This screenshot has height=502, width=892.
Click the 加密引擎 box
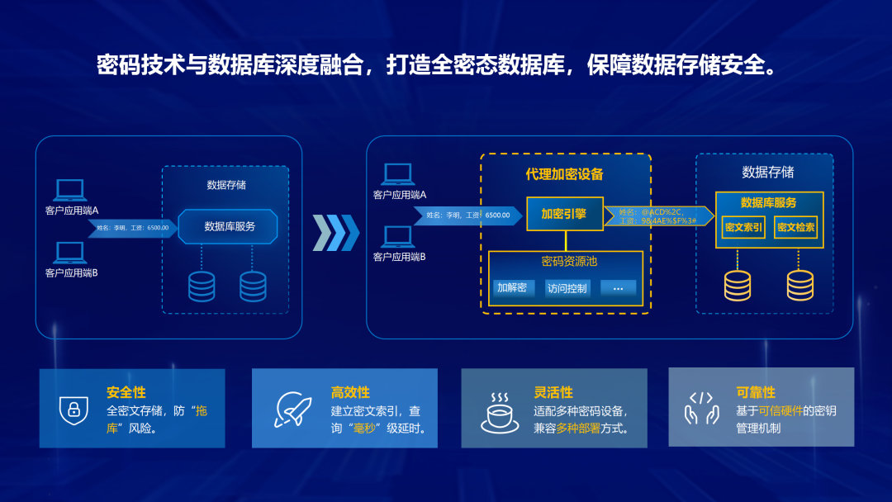tap(565, 214)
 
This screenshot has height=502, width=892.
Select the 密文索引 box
tap(743, 227)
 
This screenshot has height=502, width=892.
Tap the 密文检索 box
tap(796, 227)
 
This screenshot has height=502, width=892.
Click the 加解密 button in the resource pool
tap(511, 288)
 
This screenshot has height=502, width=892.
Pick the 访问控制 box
tap(567, 288)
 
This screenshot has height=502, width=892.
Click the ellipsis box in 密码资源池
tap(619, 288)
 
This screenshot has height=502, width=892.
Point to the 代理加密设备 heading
tap(565, 174)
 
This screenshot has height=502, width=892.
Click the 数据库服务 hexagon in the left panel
tap(229, 226)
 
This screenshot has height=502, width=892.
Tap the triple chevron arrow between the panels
tap(335, 233)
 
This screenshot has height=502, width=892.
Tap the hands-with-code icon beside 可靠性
tap(701, 408)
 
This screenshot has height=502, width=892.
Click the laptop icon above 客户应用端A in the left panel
tap(70, 191)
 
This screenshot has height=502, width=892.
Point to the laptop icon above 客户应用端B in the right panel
tap(397, 238)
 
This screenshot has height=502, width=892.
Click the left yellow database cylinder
tap(738, 285)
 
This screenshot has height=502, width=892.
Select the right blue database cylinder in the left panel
tap(253, 286)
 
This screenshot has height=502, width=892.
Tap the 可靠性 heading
tap(755, 392)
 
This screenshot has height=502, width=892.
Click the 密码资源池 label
tap(569, 262)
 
